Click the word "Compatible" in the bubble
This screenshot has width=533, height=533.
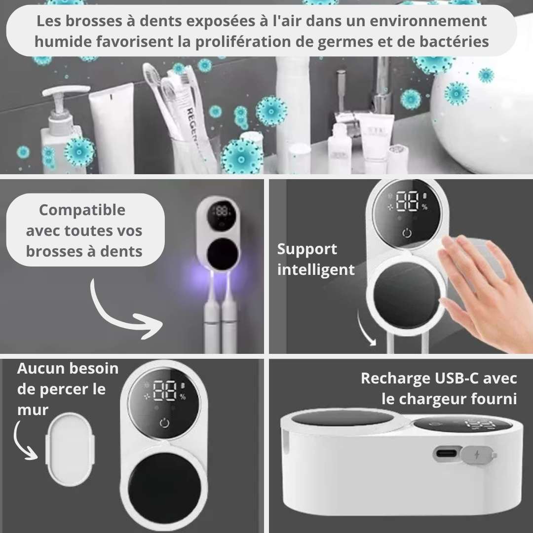(82, 210)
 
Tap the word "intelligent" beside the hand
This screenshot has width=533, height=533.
(316, 270)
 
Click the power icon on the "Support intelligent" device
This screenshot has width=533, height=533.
(407, 233)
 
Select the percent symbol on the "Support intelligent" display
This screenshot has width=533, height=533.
(424, 207)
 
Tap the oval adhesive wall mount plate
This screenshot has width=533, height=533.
(70, 449)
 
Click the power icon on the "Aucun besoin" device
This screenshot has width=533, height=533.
(164, 423)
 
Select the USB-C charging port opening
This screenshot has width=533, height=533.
(446, 454)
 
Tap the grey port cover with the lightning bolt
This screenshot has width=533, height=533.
(477, 455)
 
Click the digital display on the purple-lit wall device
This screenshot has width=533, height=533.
(221, 214)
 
